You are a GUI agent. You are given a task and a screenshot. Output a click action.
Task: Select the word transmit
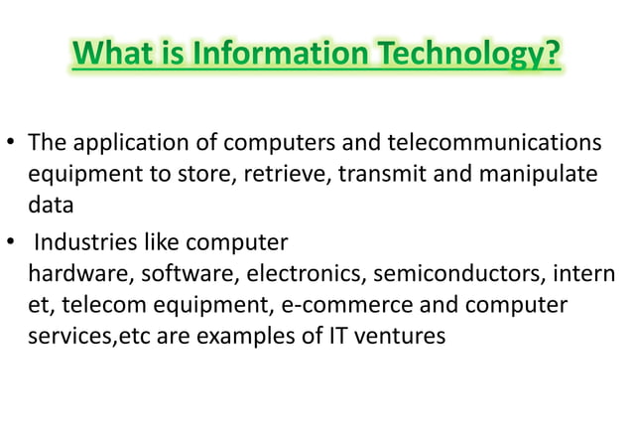pyautogui.click(x=376, y=175)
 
